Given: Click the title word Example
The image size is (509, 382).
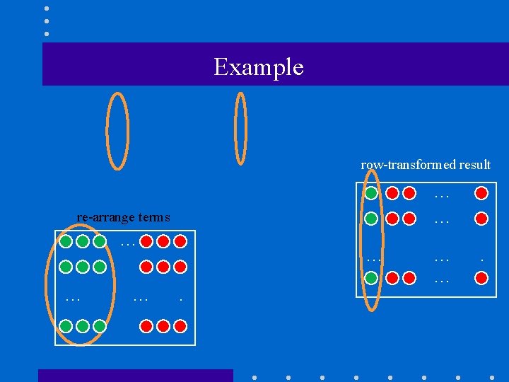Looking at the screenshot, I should [258, 66].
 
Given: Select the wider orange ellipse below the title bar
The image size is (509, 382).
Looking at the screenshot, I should [117, 132].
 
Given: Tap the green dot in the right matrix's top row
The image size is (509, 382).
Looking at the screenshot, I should [371, 193].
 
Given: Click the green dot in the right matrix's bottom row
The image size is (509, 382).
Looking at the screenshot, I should [371, 278].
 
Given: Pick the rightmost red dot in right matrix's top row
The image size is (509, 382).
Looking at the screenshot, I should [481, 193].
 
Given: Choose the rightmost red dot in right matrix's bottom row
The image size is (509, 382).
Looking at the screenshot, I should [481, 278].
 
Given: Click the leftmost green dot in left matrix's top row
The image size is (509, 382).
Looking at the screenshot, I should [66, 241].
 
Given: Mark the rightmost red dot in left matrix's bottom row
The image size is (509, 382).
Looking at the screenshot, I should [180, 326].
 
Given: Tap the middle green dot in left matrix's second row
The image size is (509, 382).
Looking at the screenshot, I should [83, 267].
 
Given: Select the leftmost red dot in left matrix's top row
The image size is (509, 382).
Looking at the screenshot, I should [146, 241].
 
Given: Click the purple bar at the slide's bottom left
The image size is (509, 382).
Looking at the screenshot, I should [135, 375].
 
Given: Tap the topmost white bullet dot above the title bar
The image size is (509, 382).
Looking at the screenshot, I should [47, 8].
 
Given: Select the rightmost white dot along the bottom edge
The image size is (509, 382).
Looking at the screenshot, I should [491, 377].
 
